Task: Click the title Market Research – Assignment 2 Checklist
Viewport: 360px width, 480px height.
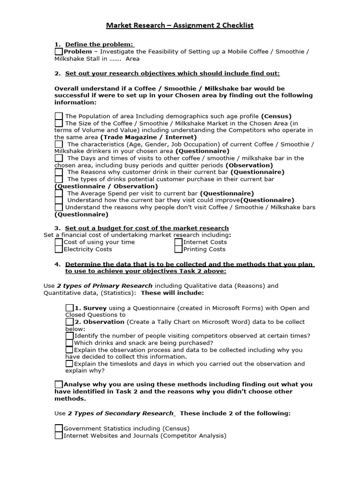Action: tap(180, 25)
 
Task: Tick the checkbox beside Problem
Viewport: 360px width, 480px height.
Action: tap(59, 52)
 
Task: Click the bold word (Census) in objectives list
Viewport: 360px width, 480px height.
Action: tap(276, 116)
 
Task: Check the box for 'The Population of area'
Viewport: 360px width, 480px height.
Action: tap(59, 116)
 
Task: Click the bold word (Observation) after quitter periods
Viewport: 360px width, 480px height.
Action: tap(249, 165)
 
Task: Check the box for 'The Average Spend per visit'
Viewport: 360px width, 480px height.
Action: tap(59, 193)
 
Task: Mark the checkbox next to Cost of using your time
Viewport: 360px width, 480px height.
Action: tap(59, 242)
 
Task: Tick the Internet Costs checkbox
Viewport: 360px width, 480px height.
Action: tap(178, 242)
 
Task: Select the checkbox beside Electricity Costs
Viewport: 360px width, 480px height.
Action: tap(59, 249)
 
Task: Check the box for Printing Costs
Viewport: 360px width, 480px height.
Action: tap(178, 249)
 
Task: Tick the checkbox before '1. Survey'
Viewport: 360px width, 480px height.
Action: tap(69, 308)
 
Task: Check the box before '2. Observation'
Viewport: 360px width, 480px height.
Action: tap(69, 322)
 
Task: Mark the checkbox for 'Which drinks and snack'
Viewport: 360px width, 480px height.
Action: tap(69, 343)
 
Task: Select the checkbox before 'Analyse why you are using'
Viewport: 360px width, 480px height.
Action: tap(59, 384)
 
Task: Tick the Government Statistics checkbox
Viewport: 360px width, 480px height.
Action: tap(59, 428)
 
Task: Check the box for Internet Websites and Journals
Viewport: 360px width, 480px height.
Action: tap(59, 435)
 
